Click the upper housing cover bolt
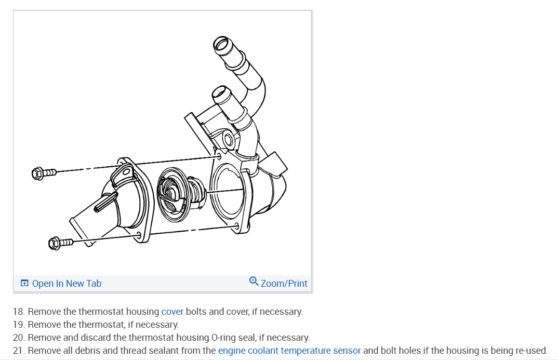click(x=44, y=172)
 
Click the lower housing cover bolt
click(x=60, y=242)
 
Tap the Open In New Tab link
click(x=67, y=284)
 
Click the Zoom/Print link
click(x=284, y=284)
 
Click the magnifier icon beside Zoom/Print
click(x=254, y=282)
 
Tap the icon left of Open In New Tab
click(x=24, y=284)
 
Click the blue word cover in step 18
click(x=172, y=312)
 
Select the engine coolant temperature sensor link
click(x=289, y=350)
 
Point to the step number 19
click(x=18, y=325)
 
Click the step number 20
click(x=18, y=338)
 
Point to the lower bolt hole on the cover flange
click(x=139, y=235)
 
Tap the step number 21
click(x=18, y=350)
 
